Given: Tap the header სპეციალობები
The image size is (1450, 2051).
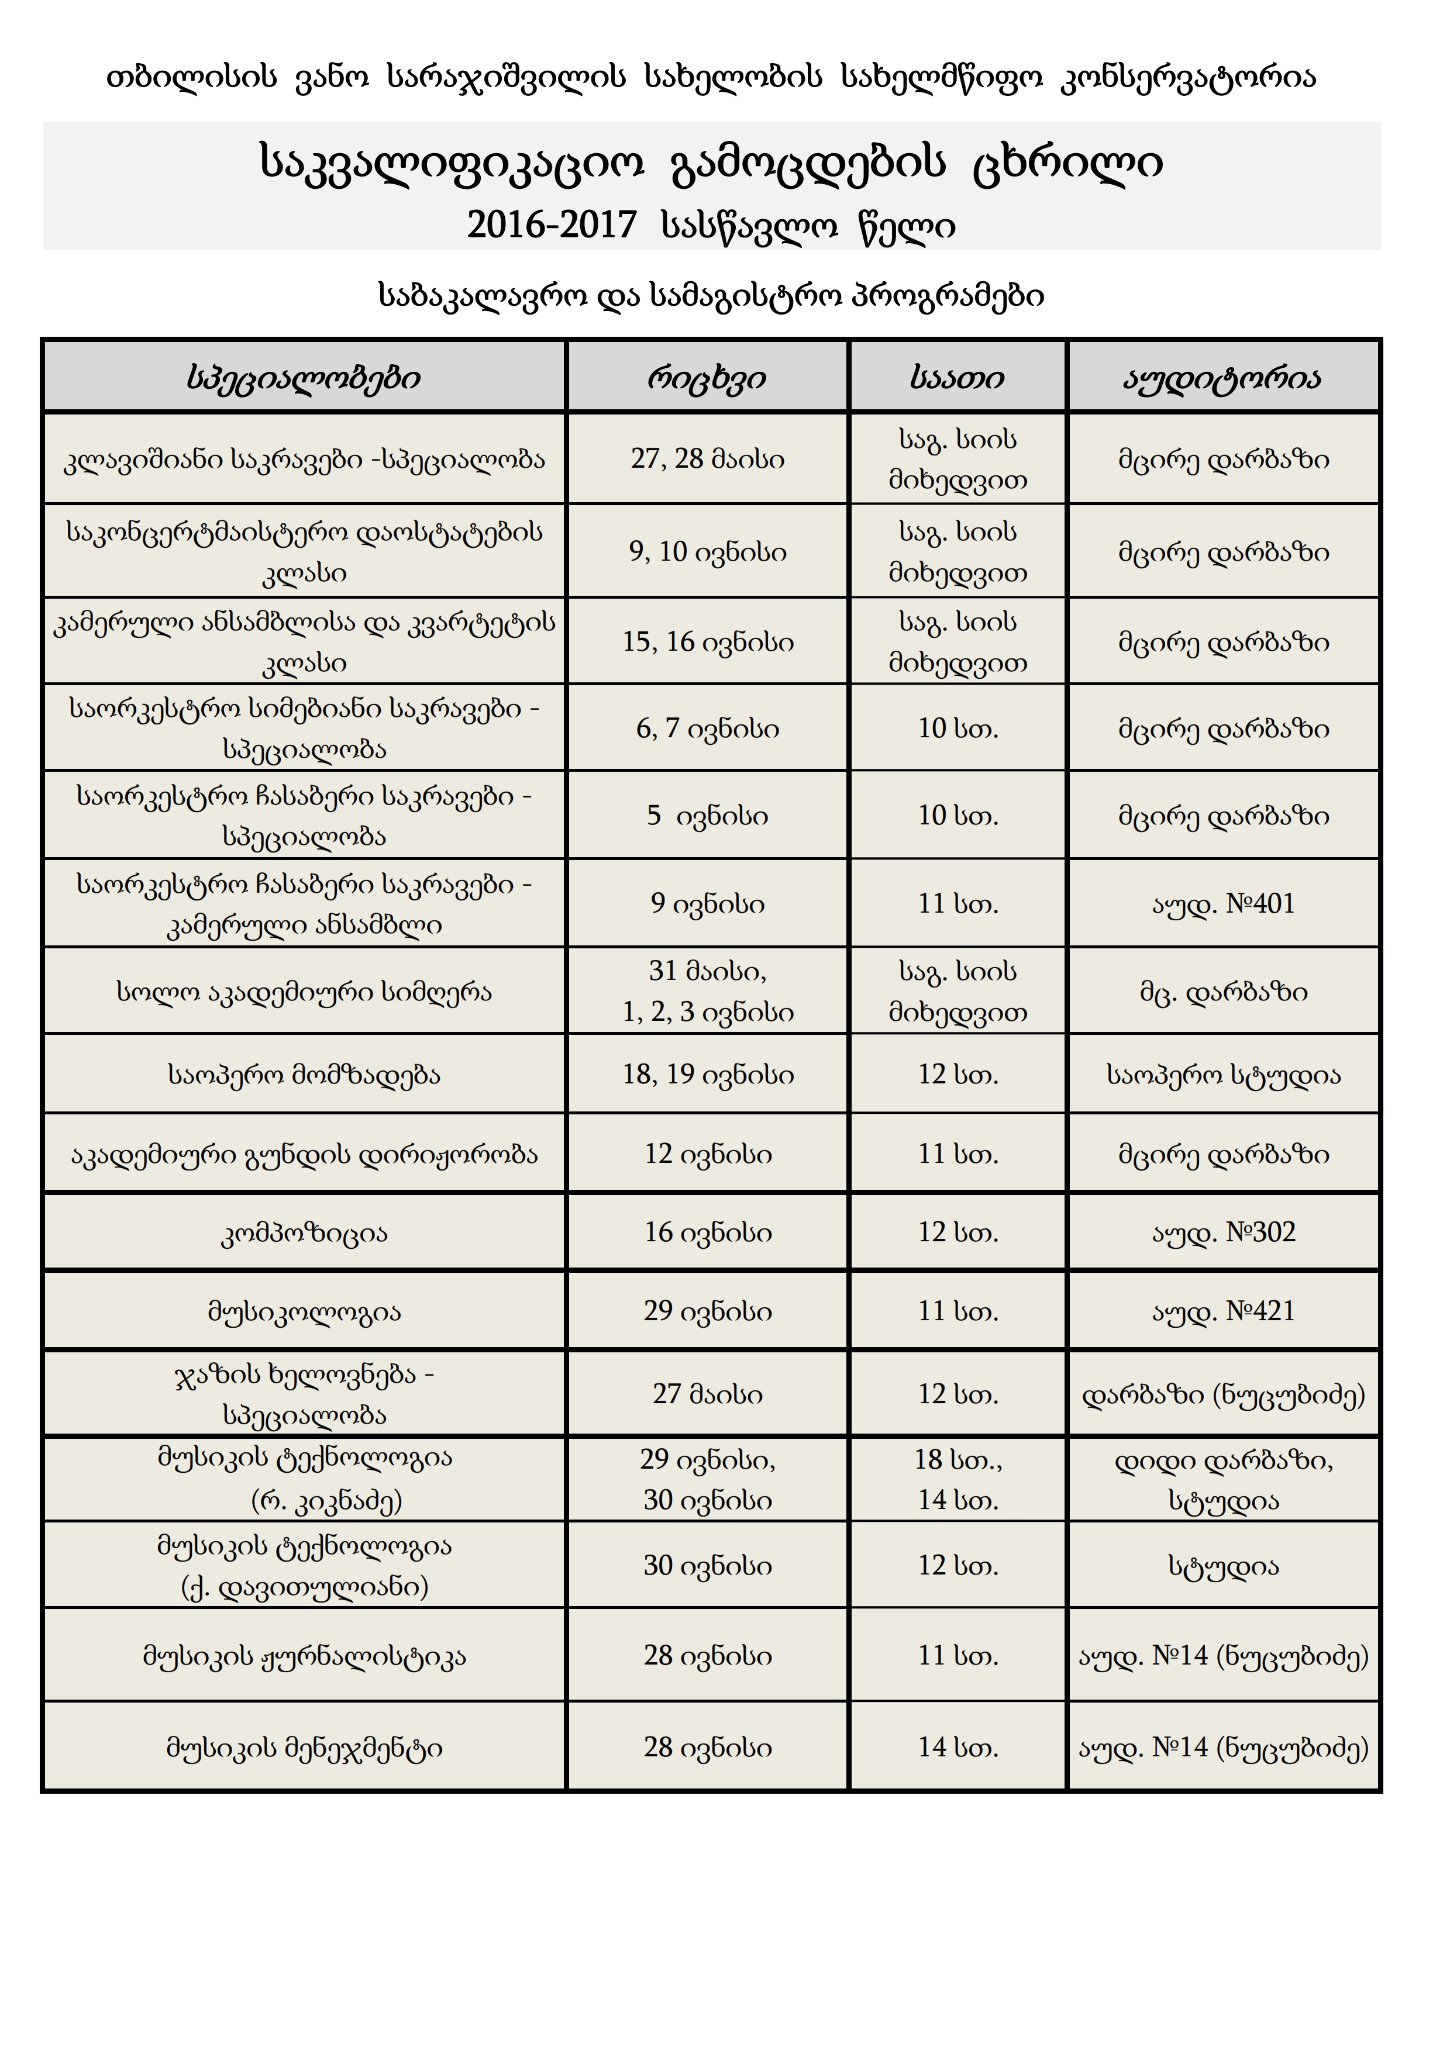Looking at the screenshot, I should pos(304,378).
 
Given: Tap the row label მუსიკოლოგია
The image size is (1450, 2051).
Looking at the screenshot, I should pos(304,1312).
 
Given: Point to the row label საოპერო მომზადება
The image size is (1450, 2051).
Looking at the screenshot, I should pos(304,1075).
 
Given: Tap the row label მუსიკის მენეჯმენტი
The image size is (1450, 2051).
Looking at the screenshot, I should pos(304,1748).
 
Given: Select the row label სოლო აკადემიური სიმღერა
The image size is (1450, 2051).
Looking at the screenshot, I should pos(304,992).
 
